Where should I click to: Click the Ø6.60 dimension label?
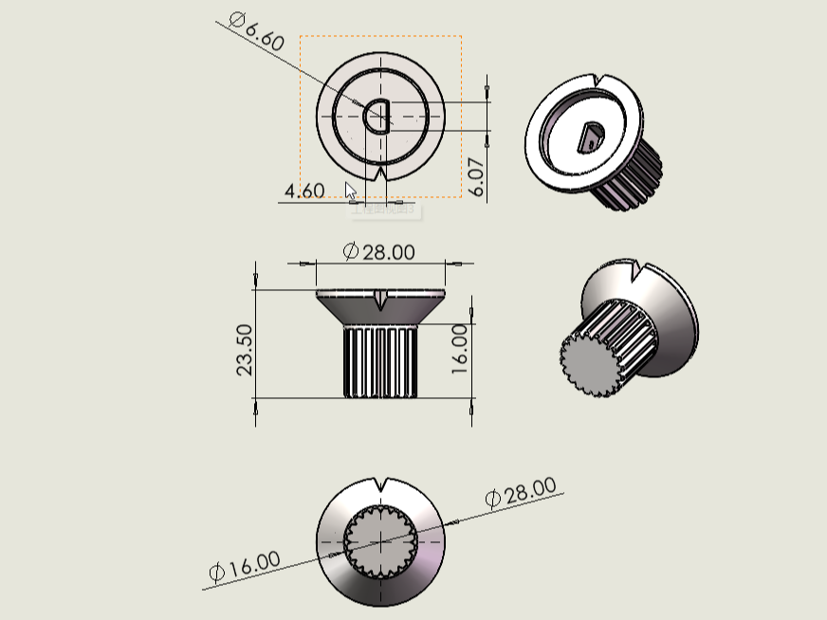[257, 31]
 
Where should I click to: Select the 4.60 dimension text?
[304, 191]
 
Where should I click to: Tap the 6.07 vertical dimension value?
[476, 176]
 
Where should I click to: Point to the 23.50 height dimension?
[244, 350]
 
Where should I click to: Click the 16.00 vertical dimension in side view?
[459, 349]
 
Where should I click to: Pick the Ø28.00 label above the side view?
[378, 251]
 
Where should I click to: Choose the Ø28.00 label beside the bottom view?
[521, 492]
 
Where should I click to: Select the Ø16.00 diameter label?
[245, 566]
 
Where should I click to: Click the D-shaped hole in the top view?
[377, 116]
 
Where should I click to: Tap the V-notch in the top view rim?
[381, 173]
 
